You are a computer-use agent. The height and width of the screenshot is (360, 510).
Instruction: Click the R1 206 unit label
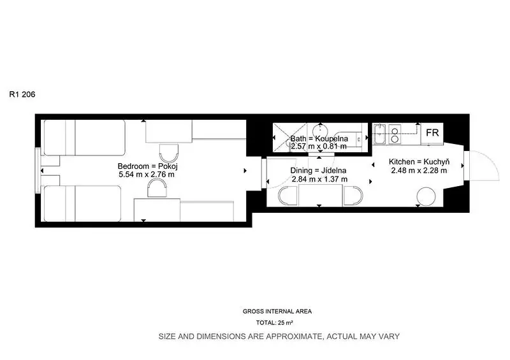pyautogui.click(x=22, y=94)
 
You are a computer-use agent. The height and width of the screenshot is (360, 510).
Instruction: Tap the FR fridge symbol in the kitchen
pyautogui.click(x=432, y=133)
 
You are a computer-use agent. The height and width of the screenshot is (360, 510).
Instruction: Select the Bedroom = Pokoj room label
pyautogui.click(x=148, y=166)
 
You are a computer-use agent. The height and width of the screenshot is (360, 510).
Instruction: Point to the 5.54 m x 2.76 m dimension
pyautogui.click(x=147, y=175)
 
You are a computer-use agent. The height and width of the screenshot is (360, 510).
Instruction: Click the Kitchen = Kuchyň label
pyautogui.click(x=419, y=162)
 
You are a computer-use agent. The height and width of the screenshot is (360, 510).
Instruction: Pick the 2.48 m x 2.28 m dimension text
pyautogui.click(x=419, y=170)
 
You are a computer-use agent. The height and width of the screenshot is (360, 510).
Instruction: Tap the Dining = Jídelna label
pyautogui.click(x=318, y=170)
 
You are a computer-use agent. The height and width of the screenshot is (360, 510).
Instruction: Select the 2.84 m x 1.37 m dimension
pyautogui.click(x=320, y=179)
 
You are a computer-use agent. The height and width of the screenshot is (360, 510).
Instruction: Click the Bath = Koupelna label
pyautogui.click(x=319, y=138)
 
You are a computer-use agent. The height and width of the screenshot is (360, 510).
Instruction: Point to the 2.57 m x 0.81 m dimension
pyautogui.click(x=319, y=147)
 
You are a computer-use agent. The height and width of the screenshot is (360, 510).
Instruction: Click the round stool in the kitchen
pyautogui.click(x=426, y=196)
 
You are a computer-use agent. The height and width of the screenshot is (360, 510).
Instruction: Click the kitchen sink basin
pyautogui.click(x=379, y=134)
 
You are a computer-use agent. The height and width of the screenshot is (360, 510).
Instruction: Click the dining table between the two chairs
pyautogui.click(x=320, y=195)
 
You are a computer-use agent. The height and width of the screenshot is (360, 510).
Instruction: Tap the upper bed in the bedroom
pyautogui.click(x=85, y=138)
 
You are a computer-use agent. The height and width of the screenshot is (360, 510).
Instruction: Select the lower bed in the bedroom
pyautogui.click(x=83, y=204)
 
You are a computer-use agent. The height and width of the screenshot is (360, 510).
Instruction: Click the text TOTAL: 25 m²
pyautogui.click(x=275, y=323)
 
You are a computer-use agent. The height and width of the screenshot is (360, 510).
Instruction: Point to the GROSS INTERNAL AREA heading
pyautogui.click(x=277, y=311)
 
